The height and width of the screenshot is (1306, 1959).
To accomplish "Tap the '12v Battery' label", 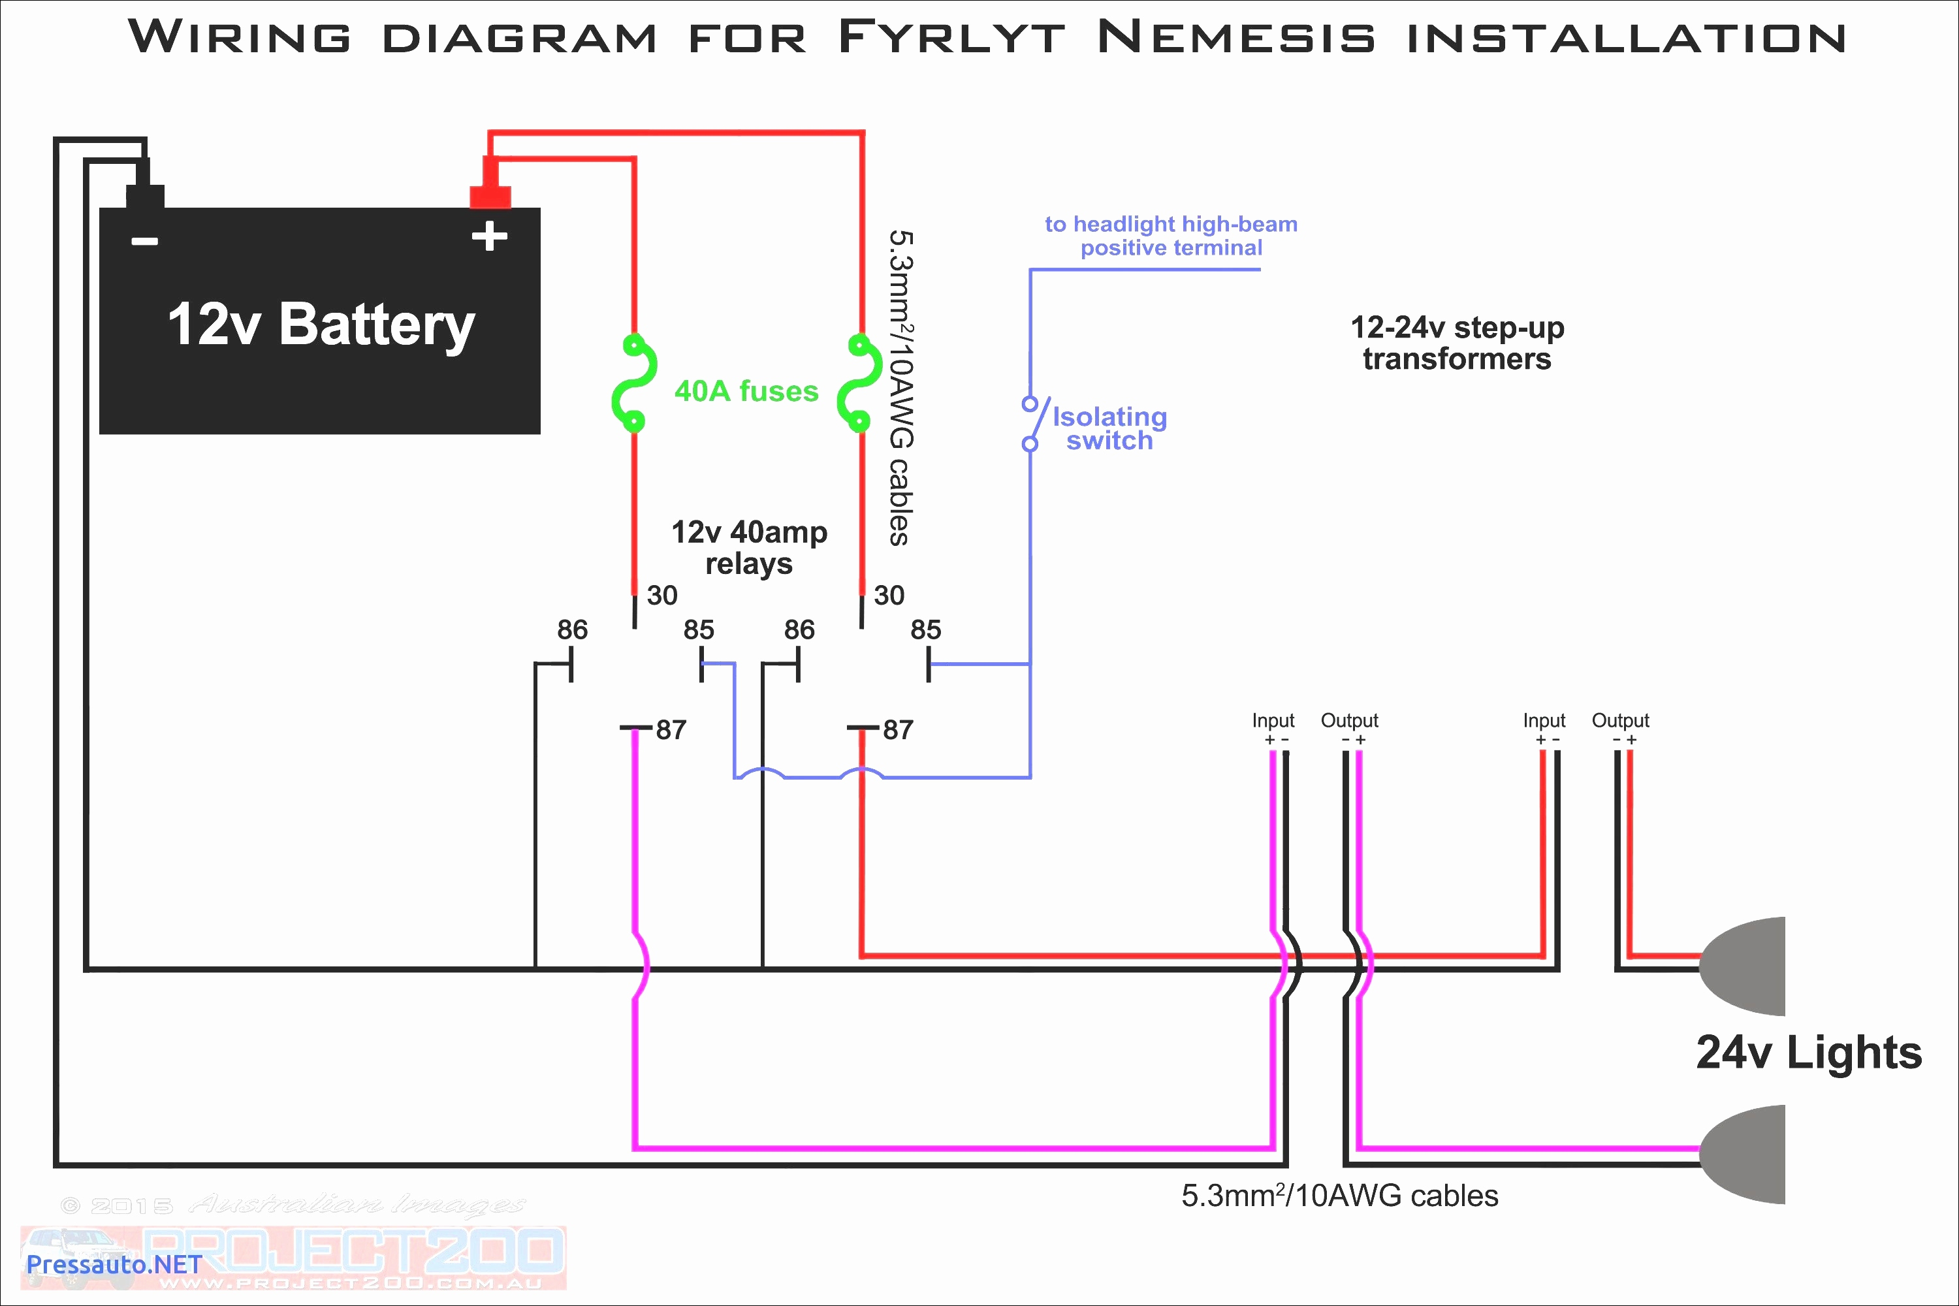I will pyautogui.click(x=321, y=324).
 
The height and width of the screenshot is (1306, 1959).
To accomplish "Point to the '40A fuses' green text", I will pyautogui.click(x=746, y=390).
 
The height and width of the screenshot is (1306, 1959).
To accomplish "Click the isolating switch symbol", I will pyautogui.click(x=1033, y=423).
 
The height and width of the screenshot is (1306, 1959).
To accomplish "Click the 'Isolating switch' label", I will pyautogui.click(x=1109, y=428).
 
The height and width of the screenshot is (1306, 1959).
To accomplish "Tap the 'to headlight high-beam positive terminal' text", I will pyautogui.click(x=1171, y=236).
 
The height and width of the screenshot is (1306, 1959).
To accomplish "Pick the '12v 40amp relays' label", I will pyautogui.click(x=749, y=547).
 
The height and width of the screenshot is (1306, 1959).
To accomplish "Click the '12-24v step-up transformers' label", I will pyautogui.click(x=1457, y=343).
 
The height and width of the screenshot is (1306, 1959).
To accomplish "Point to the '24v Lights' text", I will pyautogui.click(x=1808, y=1053).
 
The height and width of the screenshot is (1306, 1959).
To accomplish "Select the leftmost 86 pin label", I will pyautogui.click(x=572, y=629).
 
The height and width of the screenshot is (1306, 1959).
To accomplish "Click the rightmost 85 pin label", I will pyautogui.click(x=925, y=629).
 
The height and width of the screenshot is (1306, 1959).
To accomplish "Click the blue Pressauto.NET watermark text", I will pyautogui.click(x=114, y=1264).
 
